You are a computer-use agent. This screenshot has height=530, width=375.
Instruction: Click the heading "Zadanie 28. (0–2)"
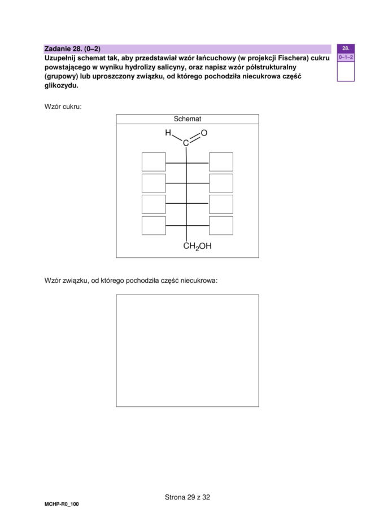click(72, 49)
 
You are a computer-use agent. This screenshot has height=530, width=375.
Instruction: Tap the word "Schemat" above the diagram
click(187, 119)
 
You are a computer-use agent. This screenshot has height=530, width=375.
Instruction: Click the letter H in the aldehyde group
click(168, 133)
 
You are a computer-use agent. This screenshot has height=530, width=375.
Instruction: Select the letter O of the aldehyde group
click(204, 133)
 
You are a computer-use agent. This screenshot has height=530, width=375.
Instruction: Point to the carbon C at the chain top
click(186, 143)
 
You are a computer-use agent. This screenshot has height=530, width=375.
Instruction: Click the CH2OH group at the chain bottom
click(197, 246)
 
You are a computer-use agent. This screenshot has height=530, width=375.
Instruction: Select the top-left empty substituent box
click(154, 161)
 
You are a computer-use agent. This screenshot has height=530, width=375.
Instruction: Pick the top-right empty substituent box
click(221, 161)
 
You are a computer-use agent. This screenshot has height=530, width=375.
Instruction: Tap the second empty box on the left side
click(154, 183)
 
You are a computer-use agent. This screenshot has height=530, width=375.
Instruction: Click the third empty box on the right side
click(221, 204)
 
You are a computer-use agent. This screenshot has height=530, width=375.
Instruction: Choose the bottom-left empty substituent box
click(154, 225)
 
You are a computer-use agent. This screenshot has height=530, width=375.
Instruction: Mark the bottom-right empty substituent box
click(221, 225)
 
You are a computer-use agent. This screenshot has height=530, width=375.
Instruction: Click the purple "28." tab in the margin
click(346, 49)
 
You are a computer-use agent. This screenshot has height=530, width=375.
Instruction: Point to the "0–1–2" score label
click(346, 58)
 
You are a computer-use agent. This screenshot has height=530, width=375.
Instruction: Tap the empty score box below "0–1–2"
click(346, 72)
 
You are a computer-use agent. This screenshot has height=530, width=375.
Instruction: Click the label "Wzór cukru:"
click(63, 106)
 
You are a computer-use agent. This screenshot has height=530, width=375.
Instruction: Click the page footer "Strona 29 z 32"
click(187, 497)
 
